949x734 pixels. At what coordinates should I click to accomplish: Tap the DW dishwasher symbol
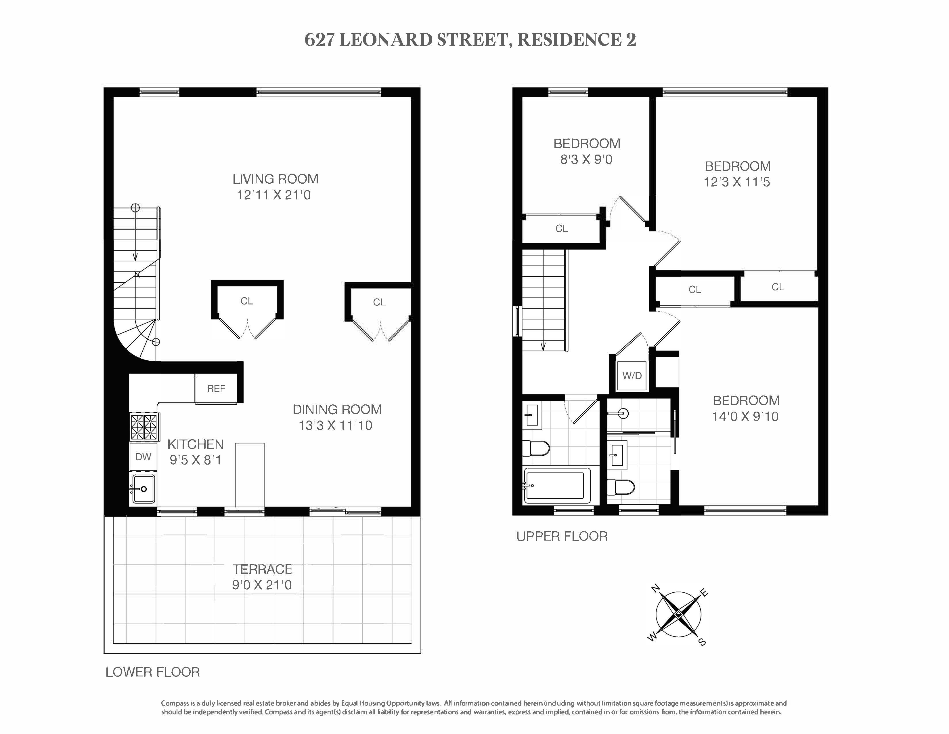[143, 457]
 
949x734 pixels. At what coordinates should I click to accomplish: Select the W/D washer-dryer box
[632, 376]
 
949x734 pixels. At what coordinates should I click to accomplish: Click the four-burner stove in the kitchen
[144, 427]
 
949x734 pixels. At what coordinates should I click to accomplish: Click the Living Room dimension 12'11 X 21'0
[274, 195]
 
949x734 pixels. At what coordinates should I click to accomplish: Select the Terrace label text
[262, 569]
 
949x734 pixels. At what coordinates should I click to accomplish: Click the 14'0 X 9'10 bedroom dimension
[745, 417]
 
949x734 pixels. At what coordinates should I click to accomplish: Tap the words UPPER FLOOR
[562, 537]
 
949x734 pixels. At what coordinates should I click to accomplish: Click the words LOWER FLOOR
[152, 672]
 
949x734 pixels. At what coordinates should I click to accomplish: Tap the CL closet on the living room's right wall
[379, 302]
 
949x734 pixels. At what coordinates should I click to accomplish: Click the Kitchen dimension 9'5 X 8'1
[196, 460]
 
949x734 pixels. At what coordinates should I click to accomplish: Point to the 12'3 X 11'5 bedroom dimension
[737, 182]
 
